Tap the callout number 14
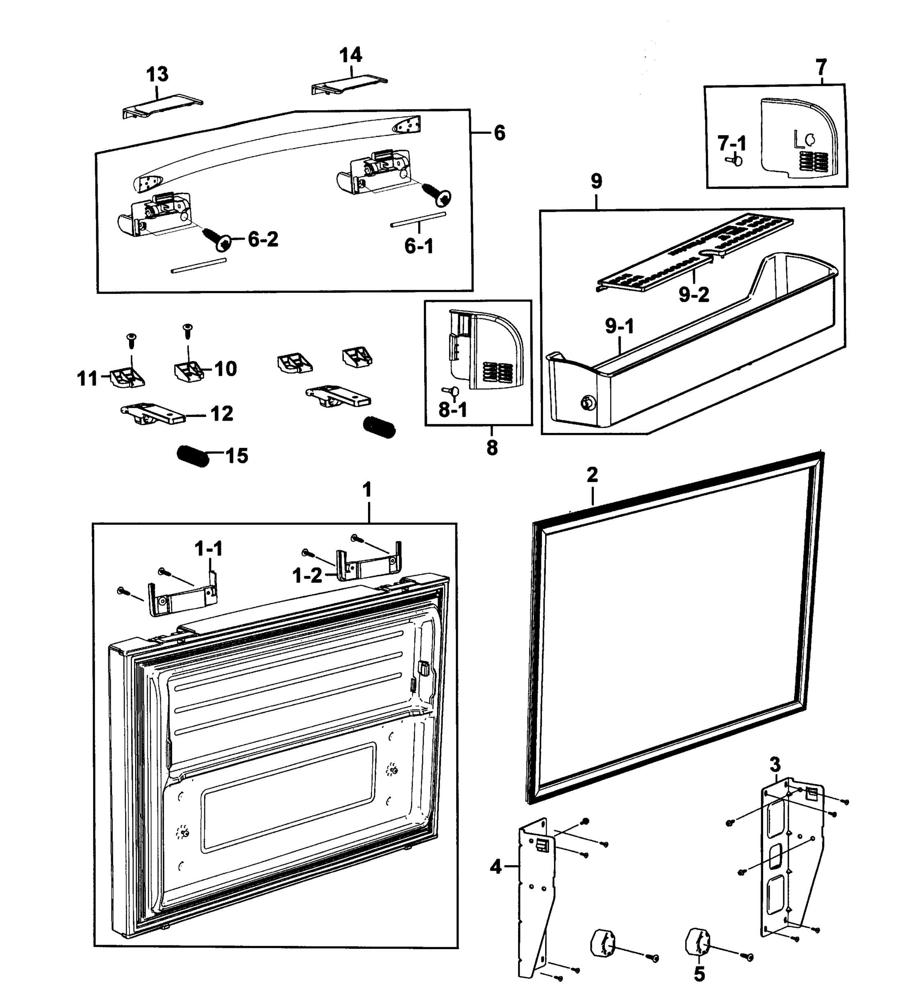point(350,55)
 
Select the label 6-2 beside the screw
point(263,239)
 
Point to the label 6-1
point(419,246)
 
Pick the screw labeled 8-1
point(448,390)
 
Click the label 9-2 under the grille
point(694,294)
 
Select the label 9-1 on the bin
point(619,326)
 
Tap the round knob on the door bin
point(586,403)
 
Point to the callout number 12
point(221,414)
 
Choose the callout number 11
point(88,378)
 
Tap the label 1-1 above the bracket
point(209,549)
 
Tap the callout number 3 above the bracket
point(775,763)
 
